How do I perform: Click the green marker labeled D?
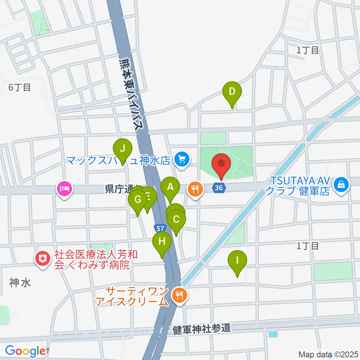232,91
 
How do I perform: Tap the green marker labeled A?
170,187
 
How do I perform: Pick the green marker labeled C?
176,219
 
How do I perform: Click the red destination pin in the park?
221,164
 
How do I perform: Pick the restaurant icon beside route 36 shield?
195,189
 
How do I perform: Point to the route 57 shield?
159,228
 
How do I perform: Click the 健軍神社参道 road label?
202,330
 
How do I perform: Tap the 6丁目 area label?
19,88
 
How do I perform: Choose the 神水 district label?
20,283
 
